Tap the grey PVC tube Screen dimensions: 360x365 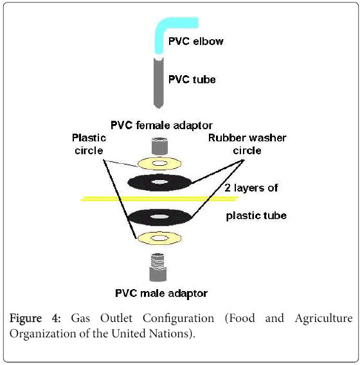159,83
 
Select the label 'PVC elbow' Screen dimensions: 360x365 195,41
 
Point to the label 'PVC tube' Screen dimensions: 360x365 192,80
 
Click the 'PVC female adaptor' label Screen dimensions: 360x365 161,125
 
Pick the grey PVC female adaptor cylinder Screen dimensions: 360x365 159,146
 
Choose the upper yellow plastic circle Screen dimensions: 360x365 159,163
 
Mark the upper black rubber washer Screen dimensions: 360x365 159,182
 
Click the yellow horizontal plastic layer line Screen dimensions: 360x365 159,199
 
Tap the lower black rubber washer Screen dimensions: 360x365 159,217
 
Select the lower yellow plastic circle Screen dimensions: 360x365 159,238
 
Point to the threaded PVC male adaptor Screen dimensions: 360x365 158,267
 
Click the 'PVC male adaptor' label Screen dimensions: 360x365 161,293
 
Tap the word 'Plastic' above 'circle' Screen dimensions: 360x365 89,138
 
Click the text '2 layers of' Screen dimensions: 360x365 251,188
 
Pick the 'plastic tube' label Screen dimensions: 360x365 256,215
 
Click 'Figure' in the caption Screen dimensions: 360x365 26,319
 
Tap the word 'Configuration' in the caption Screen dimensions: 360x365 178,319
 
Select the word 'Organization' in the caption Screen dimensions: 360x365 42,334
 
